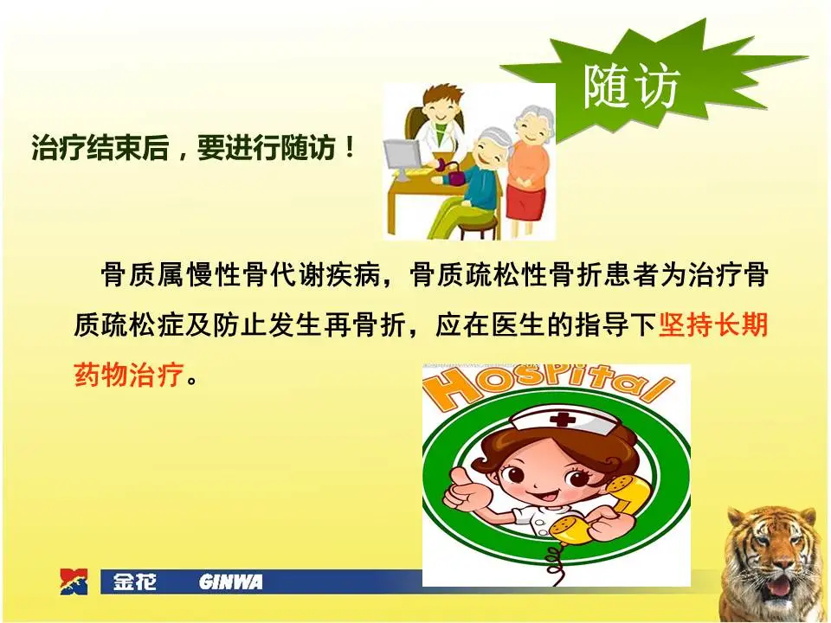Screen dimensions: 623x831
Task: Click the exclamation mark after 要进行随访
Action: (349, 148)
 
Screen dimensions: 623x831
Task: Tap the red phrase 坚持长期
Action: (713, 327)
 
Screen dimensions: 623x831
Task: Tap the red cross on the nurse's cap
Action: (564, 420)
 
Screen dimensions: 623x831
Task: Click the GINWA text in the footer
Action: (230, 582)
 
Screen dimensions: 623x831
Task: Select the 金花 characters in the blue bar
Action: (135, 582)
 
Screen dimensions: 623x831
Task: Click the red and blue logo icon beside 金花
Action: (74, 581)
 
